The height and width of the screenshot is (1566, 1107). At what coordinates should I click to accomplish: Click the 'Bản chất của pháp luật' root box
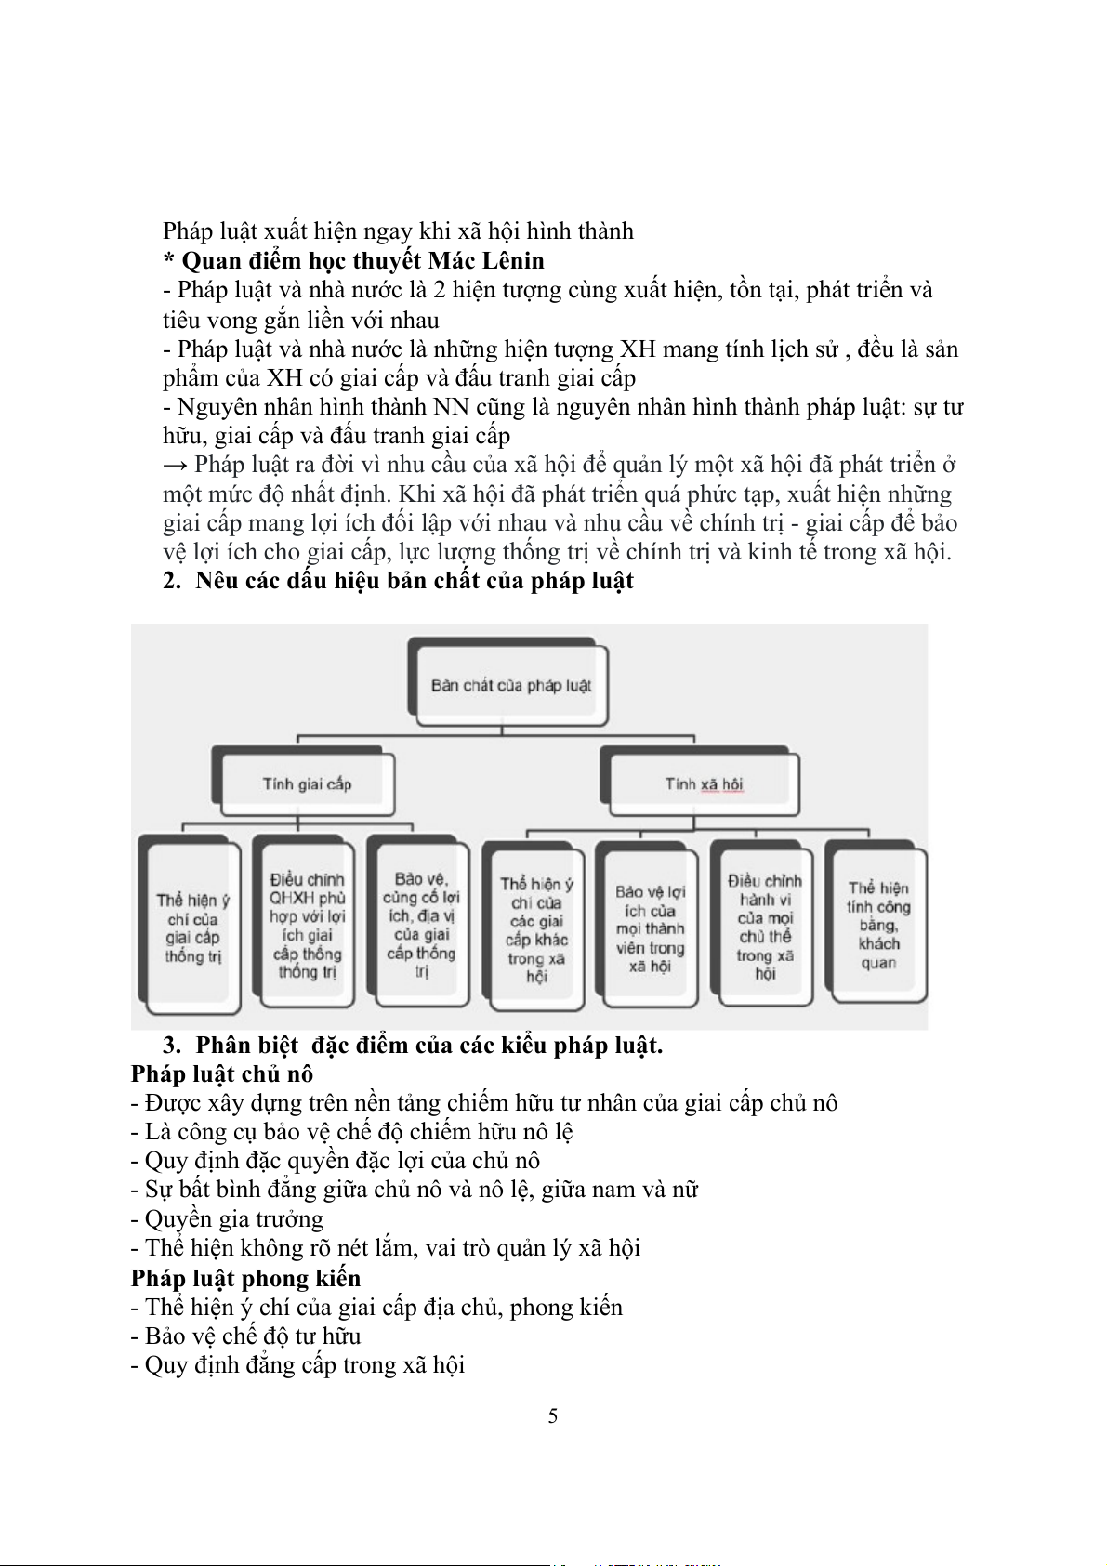(510, 686)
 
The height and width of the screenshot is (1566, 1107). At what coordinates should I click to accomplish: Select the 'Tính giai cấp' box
(307, 784)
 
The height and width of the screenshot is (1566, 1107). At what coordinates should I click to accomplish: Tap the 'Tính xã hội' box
(704, 784)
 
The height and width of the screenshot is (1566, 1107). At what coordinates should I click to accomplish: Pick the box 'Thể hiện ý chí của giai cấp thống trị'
(192, 928)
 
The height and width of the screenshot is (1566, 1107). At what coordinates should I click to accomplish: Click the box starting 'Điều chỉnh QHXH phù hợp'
(307, 926)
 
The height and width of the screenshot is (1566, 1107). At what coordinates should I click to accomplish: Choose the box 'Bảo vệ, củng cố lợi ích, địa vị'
(421, 924)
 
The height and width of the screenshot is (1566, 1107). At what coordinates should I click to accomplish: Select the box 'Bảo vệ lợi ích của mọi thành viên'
(650, 928)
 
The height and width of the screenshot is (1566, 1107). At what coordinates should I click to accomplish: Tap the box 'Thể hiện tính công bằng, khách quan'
(878, 925)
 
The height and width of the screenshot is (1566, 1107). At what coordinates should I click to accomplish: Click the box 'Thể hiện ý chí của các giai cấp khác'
(536, 929)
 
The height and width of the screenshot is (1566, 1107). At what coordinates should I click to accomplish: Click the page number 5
(553, 1415)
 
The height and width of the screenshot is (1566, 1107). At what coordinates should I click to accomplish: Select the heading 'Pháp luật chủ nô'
(222, 1074)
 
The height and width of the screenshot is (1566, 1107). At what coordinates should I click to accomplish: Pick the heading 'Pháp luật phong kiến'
(245, 1278)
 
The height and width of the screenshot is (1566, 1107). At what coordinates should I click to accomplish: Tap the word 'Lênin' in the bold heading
(510, 260)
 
